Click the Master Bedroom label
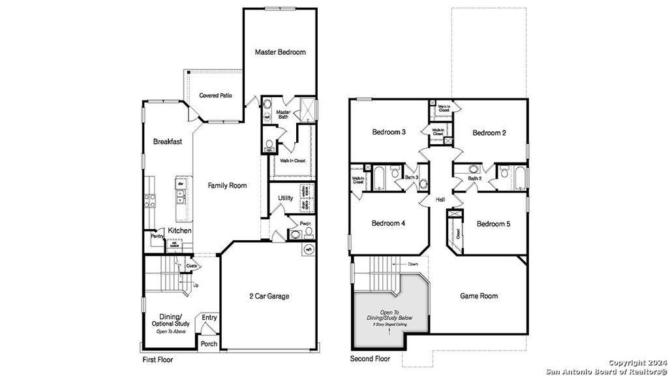coord(280,52)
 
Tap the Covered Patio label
coord(215,95)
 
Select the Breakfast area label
coord(168,142)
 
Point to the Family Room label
coord(227,186)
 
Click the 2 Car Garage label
coord(269,296)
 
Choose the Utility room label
coord(285,198)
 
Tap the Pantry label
coord(157,236)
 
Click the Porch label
coord(209,344)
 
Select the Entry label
coord(209,318)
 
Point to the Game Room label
coord(479,296)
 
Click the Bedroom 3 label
coord(389,133)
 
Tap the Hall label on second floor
coord(440,199)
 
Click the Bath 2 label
coord(475,178)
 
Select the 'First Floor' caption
coord(157,360)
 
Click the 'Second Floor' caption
coord(370,360)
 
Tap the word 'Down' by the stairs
coord(412,264)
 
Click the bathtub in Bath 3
coord(378,178)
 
